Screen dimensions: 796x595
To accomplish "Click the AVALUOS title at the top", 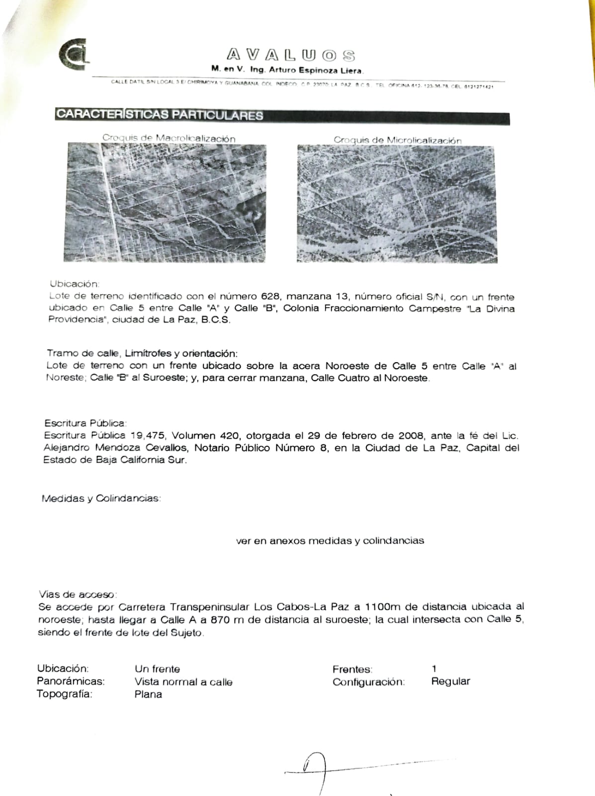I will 291,55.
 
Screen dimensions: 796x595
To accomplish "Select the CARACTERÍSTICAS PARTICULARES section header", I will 160,114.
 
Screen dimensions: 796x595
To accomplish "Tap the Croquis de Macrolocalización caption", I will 169,138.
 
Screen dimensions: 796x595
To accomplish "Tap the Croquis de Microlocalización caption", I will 397,140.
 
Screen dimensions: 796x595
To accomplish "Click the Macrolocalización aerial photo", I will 165,203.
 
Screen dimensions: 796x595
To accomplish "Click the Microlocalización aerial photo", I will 397,204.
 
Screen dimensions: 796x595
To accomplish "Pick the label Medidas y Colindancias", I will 101,498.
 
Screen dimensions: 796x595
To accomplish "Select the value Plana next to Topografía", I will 148,694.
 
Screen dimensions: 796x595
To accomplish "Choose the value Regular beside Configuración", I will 450,681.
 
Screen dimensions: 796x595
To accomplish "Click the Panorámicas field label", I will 71,682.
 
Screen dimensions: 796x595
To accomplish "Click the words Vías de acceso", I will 78,594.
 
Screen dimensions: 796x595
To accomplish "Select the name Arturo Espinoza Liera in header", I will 316,71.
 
